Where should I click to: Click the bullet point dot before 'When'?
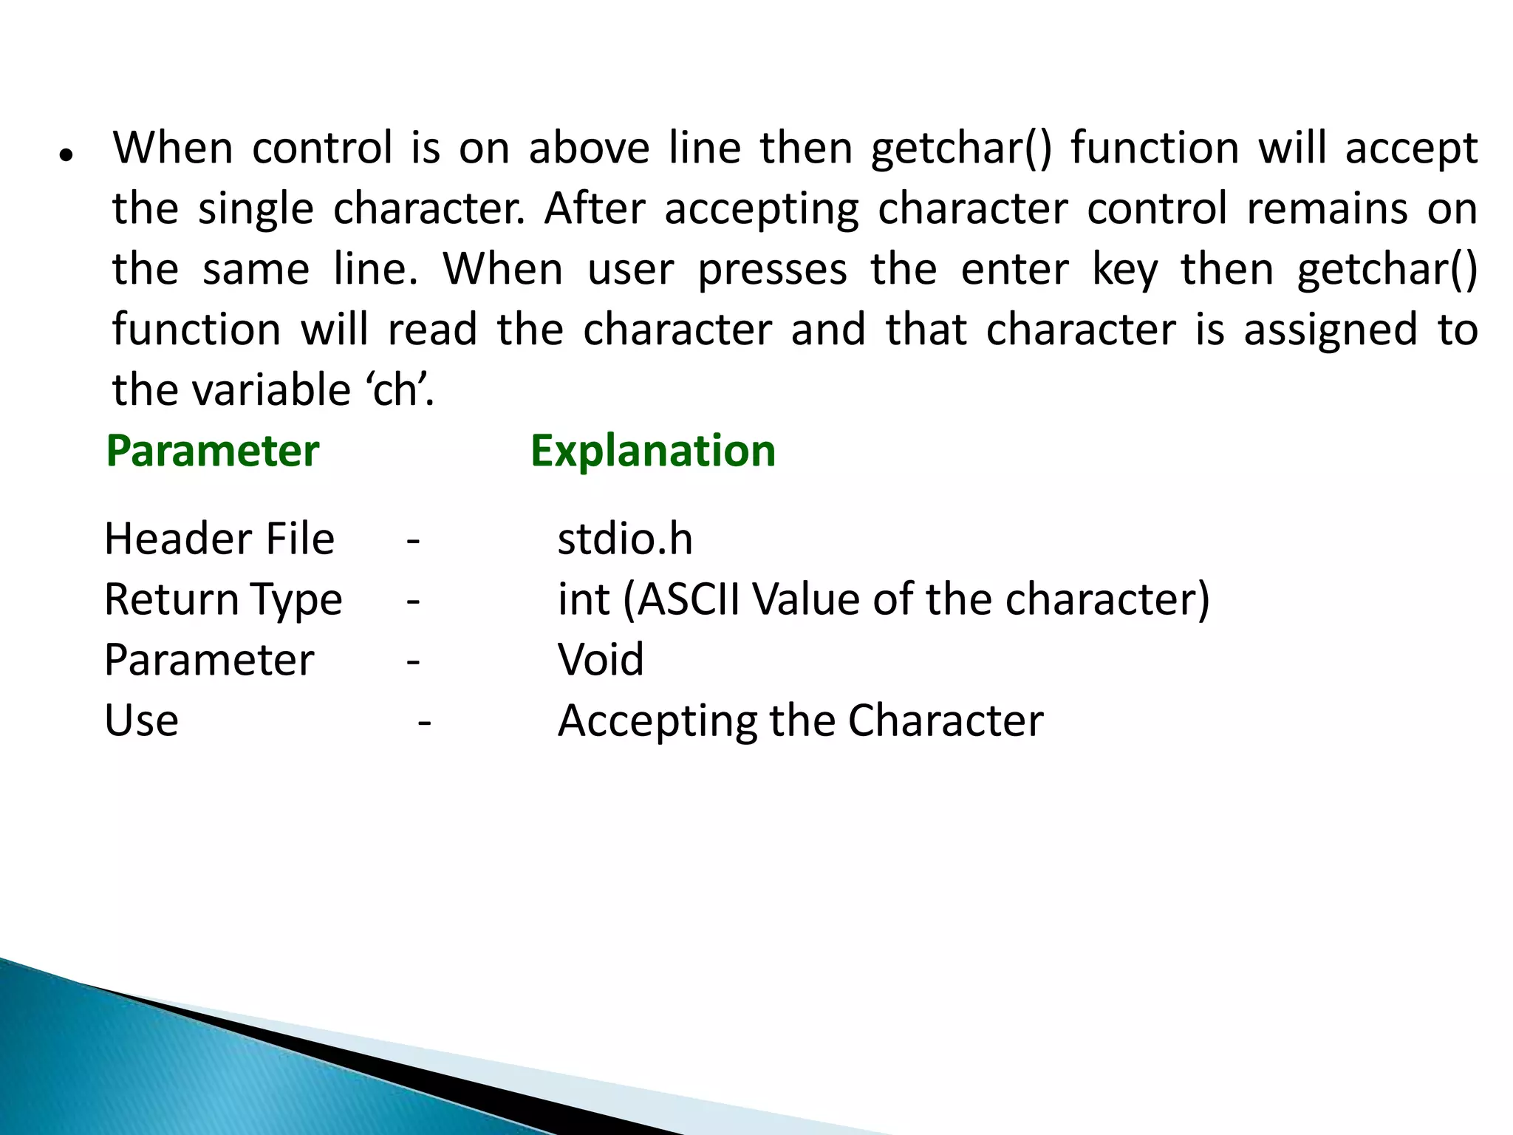[66, 156]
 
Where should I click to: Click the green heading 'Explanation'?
[653, 451]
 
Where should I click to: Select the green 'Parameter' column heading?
[213, 451]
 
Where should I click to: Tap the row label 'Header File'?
[219, 539]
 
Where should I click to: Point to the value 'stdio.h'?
[625, 539]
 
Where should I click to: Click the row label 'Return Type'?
[223, 599]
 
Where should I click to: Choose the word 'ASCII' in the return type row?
[689, 599]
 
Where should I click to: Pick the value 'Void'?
[601, 659]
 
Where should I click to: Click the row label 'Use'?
[141, 720]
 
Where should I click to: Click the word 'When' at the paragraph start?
[173, 148]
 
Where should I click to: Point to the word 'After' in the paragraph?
[595, 208]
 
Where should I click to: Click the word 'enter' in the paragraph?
[1015, 269]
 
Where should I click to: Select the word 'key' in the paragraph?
[1125, 270]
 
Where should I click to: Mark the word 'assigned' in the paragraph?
[1331, 331]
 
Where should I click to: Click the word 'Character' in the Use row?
[946, 720]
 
